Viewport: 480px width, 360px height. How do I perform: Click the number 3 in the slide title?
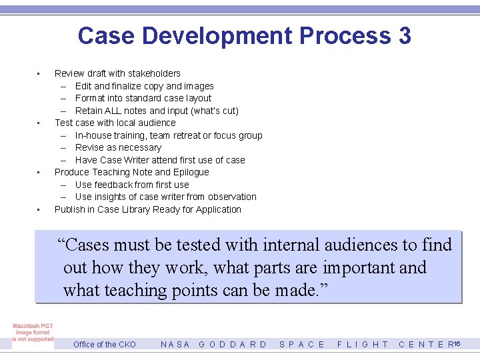(x=404, y=36)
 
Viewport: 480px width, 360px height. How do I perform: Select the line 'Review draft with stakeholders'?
(x=117, y=73)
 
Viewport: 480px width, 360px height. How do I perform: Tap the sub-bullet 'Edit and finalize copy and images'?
(x=144, y=86)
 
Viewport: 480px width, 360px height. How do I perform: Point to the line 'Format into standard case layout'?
(x=143, y=98)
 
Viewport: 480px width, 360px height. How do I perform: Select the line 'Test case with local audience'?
(x=115, y=123)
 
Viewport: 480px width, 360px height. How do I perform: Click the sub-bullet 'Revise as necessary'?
(x=118, y=147)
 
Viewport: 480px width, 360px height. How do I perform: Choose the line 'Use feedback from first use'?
(x=132, y=185)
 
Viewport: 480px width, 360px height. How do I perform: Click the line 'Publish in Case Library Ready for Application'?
(x=148, y=209)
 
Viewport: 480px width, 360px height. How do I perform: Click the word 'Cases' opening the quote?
(x=91, y=245)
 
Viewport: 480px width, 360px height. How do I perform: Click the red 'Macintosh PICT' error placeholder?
(x=33, y=333)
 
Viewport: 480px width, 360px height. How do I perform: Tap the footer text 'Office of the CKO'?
(x=105, y=345)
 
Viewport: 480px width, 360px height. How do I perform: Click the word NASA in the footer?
(x=175, y=345)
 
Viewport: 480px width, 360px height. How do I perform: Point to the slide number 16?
(x=458, y=343)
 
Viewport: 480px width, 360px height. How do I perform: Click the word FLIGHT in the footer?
(x=363, y=345)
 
